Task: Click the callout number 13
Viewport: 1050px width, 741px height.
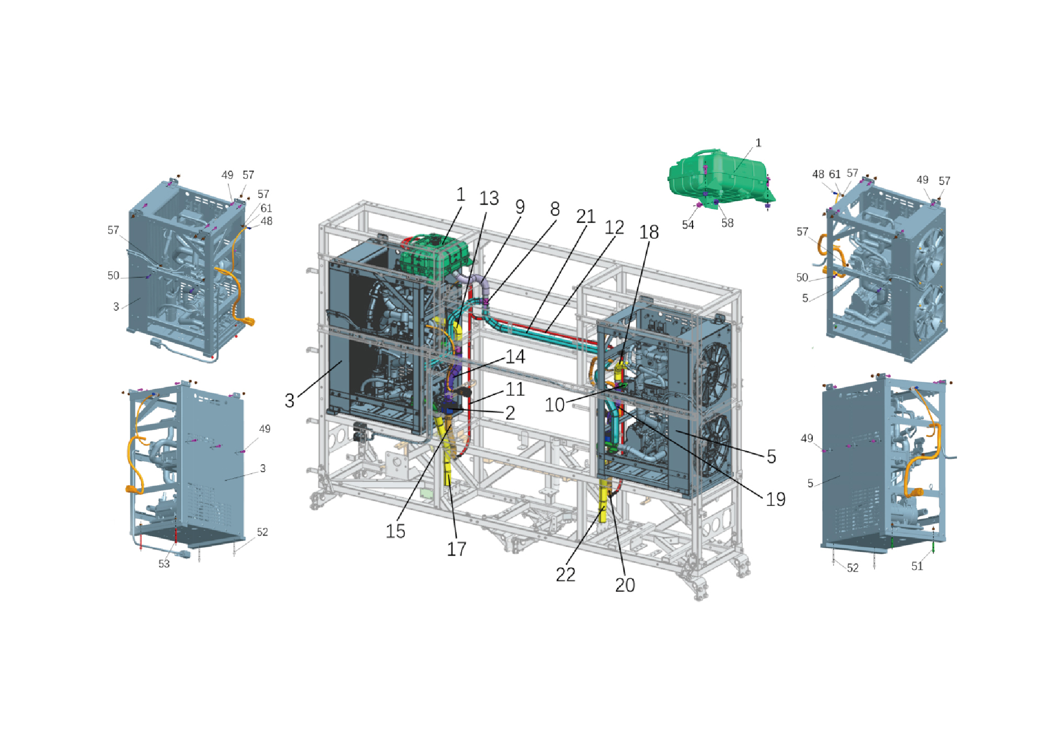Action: pyautogui.click(x=489, y=198)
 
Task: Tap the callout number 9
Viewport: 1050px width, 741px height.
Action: pyautogui.click(x=520, y=207)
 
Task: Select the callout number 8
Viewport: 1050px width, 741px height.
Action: pyautogui.click(x=555, y=209)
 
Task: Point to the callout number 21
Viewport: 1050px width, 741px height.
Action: pyautogui.click(x=586, y=217)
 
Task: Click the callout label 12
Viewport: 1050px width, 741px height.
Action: pyautogui.click(x=614, y=228)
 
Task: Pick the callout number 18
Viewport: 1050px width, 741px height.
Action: pyautogui.click(x=649, y=232)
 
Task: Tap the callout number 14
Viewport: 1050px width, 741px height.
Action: pyautogui.click(x=515, y=357)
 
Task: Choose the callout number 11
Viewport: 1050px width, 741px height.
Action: pyautogui.click(x=515, y=389)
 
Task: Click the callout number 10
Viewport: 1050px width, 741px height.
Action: pyautogui.click(x=555, y=405)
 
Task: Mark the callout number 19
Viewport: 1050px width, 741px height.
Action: pyautogui.click(x=776, y=499)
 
